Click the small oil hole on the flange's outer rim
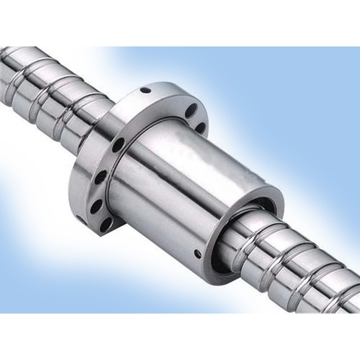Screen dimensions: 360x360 pos(145,90)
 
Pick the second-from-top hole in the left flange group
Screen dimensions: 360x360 pos(102,176)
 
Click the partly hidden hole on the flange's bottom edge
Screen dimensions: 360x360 pos(80,219)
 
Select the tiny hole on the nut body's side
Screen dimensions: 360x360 pos(197,254)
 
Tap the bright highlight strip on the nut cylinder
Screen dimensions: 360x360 pos(192,174)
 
